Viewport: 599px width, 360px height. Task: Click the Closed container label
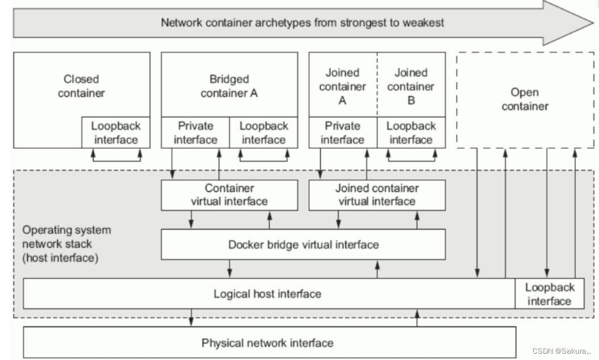81,86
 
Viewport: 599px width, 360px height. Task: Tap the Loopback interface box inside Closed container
116,133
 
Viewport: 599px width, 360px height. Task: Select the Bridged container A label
229,86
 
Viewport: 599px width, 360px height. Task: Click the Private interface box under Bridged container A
195,133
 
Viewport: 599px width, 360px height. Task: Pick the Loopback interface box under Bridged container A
263,133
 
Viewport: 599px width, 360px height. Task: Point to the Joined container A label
342,86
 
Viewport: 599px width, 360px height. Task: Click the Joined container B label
410,86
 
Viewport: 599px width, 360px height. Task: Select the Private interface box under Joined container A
343,133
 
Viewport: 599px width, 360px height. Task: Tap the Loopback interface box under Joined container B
411,133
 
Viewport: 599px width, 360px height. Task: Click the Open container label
525,99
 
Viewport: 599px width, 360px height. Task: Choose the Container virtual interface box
229,195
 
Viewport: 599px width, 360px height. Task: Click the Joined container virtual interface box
377,195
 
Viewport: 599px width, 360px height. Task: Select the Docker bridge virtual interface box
303,245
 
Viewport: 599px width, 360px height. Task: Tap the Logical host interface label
267,294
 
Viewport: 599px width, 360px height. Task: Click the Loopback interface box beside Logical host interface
550,294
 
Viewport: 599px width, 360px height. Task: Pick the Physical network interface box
269,342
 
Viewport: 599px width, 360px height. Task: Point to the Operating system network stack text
66,244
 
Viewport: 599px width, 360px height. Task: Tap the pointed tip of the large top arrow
593,23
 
